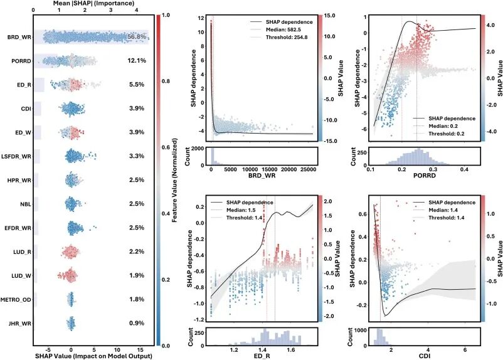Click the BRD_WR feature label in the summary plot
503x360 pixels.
[x=19, y=37]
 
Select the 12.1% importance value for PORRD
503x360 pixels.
[x=137, y=61]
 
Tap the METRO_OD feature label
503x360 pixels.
[x=16, y=300]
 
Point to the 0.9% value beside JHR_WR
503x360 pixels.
[x=137, y=323]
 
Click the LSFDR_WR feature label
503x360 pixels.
[x=16, y=156]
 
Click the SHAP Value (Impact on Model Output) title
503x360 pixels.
[x=93, y=356]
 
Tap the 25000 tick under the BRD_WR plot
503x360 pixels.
[x=309, y=170]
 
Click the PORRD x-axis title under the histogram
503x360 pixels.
[x=425, y=176]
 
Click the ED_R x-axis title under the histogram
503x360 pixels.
[x=262, y=356]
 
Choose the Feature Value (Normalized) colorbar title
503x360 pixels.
[x=175, y=181]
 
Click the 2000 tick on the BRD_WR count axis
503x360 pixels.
[x=197, y=149]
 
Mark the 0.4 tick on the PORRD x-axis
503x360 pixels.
[x=464, y=170]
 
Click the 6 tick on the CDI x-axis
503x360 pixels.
[x=465, y=350]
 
